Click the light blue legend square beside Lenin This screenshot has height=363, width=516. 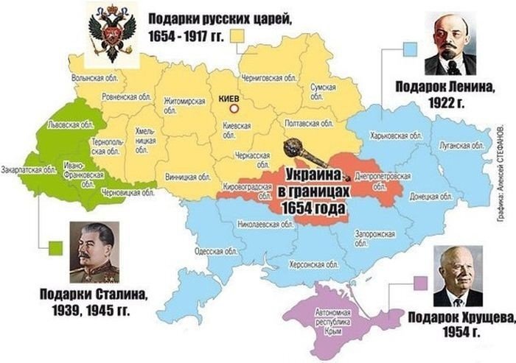click(x=410, y=49)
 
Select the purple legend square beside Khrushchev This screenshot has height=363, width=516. click(x=420, y=282)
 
